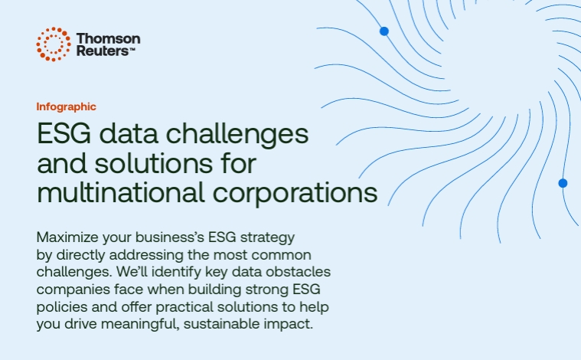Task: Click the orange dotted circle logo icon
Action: tap(54, 44)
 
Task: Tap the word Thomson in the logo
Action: tap(108, 38)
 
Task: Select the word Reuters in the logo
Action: tap(103, 51)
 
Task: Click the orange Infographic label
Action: tap(67, 106)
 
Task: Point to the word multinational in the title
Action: tap(121, 192)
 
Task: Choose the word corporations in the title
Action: tap(295, 193)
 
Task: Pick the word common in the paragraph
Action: tap(281, 256)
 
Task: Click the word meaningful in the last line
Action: tap(140, 325)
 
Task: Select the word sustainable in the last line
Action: tap(221, 324)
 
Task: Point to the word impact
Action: tap(289, 325)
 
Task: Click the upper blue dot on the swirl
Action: tap(384, 31)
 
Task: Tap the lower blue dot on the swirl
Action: tap(563, 183)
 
